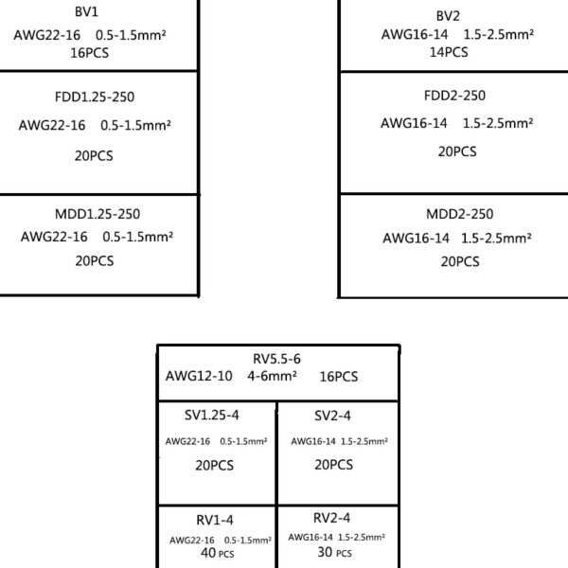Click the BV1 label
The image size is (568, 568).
pos(86,12)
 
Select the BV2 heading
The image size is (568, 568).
pos(448,16)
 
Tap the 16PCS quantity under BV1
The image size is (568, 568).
pos(90,53)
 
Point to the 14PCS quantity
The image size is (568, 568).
pos(449,52)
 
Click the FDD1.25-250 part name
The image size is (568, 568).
pos(95,98)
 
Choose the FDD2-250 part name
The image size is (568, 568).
pos(454,96)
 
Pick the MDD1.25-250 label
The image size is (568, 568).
pos(98,214)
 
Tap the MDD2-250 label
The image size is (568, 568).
pos(460,214)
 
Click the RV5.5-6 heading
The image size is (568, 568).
pos(276,359)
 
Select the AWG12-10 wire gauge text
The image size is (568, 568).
pos(199,376)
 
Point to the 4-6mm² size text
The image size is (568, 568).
pos(272,376)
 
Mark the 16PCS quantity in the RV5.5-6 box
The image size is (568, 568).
pos(339,377)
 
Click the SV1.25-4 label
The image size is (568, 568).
pos(211,416)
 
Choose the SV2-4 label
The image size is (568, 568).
pos(332,416)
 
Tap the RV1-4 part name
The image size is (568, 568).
pos(215,520)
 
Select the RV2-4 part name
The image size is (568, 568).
pos(332,518)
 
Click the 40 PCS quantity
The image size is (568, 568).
pos(218,553)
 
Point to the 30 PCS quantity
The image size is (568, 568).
pos(335,553)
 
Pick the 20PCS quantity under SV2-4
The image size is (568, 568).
pos(333,465)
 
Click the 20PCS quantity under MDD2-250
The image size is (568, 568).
pos(460,261)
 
